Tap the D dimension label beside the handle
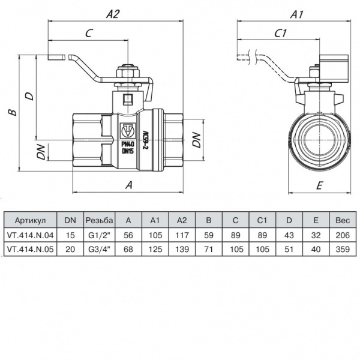[x=28, y=95]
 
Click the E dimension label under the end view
[x=319, y=185]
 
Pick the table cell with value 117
[x=181, y=236]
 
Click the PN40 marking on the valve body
[x=127, y=144]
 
